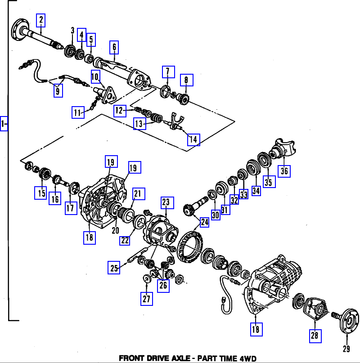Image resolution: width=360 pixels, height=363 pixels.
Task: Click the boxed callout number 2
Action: point(41,19)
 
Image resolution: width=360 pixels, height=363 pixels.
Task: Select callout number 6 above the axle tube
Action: point(114,47)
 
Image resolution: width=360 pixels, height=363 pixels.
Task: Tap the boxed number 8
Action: point(186,81)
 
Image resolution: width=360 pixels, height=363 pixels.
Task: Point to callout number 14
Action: point(193,139)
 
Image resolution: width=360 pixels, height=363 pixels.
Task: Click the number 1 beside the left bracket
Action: point(4,123)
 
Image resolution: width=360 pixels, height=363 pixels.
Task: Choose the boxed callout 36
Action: point(284,171)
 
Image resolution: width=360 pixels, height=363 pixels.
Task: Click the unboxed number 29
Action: point(346,349)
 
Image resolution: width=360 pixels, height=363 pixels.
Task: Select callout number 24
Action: point(204,221)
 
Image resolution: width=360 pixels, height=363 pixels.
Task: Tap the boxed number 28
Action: point(315,336)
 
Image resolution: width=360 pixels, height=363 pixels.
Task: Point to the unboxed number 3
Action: point(72,30)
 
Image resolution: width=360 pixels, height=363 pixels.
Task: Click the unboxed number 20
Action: point(115,230)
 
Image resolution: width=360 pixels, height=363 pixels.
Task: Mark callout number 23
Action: point(166,203)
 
